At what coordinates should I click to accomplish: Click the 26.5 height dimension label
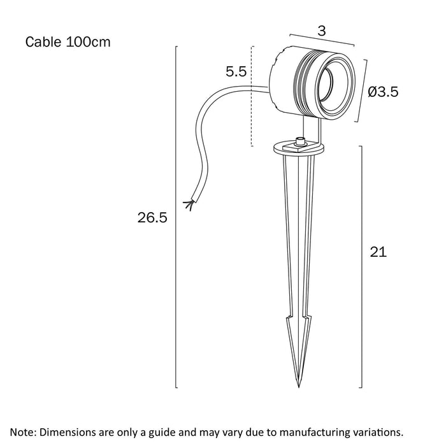(152, 218)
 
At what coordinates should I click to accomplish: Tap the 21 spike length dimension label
(378, 252)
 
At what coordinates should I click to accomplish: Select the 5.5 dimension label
(236, 72)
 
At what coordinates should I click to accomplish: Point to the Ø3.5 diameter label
(384, 92)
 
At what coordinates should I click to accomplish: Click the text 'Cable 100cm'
(68, 43)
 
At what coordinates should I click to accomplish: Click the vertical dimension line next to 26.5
(176, 217)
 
